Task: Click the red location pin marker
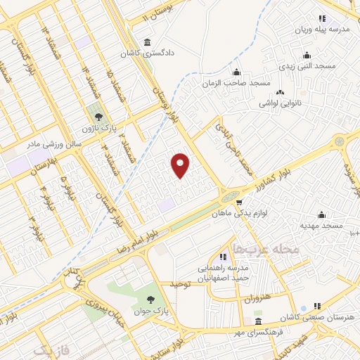[x=181, y=165]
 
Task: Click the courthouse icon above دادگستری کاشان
[x=146, y=41]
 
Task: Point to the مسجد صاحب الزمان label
[x=236, y=84]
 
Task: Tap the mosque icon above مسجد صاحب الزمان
[x=236, y=72]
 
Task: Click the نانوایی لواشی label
[x=281, y=103]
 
